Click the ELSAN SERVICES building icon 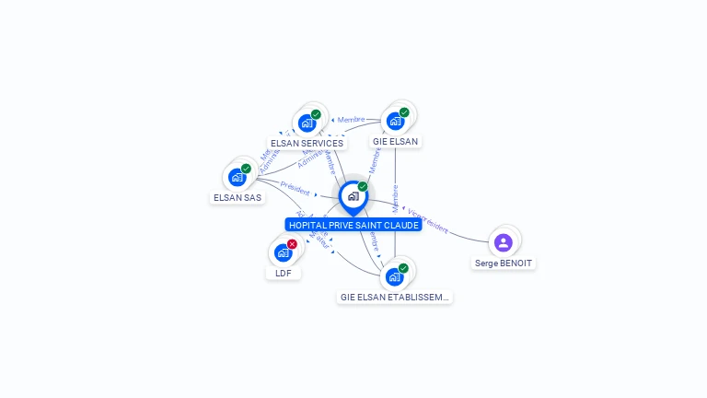pyautogui.click(x=307, y=123)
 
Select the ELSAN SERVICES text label pyautogui.click(x=307, y=143)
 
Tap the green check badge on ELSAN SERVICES pyautogui.click(x=316, y=114)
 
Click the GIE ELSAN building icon pyautogui.click(x=395, y=121)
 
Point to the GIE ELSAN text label pyautogui.click(x=395, y=142)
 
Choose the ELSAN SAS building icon pyautogui.click(x=238, y=177)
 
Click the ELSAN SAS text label pyautogui.click(x=238, y=197)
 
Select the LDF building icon pyautogui.click(x=283, y=252)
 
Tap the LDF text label pyautogui.click(x=283, y=273)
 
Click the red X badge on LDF pyautogui.click(x=292, y=244)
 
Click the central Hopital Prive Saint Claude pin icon pyautogui.click(x=353, y=196)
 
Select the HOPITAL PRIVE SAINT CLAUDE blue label pyautogui.click(x=353, y=225)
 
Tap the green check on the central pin pyautogui.click(x=363, y=187)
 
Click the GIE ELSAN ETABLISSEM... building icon pyautogui.click(x=394, y=276)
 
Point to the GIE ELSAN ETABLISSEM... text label pyautogui.click(x=394, y=298)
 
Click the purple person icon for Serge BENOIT pyautogui.click(x=503, y=242)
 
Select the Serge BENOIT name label pyautogui.click(x=503, y=263)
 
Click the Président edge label pyautogui.click(x=296, y=188)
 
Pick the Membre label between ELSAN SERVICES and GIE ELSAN pyautogui.click(x=351, y=120)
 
